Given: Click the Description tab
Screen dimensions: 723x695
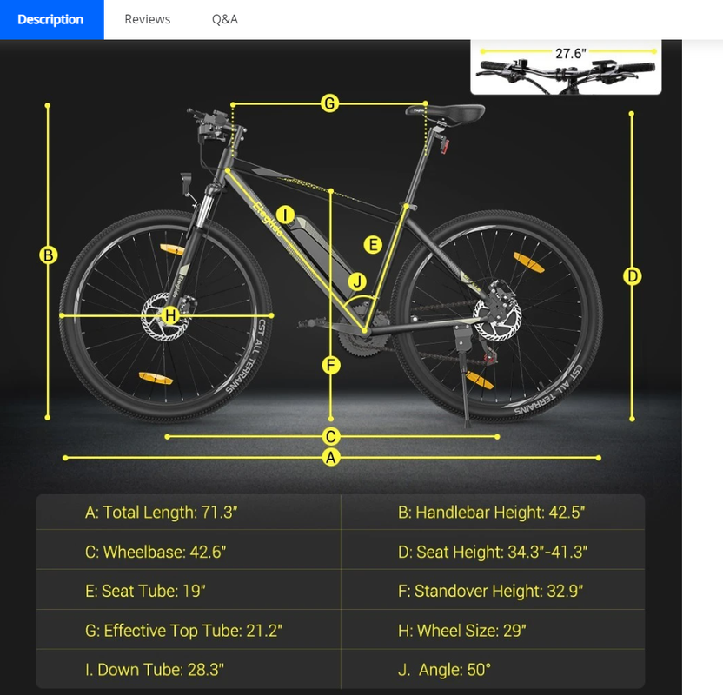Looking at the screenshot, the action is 51,19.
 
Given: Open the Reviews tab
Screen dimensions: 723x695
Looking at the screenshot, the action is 147,19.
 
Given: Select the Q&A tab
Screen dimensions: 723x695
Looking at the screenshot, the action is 225,19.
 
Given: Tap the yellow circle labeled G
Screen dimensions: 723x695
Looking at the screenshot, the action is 329,103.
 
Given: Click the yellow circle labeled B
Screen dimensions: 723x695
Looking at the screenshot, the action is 49,255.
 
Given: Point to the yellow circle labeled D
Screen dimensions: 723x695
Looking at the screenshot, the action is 632,276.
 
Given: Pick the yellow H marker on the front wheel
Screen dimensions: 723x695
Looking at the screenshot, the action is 170,315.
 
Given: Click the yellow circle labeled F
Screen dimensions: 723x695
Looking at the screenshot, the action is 331,366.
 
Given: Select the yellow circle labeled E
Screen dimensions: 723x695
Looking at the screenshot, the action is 373,244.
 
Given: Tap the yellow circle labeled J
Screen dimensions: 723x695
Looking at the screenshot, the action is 357,281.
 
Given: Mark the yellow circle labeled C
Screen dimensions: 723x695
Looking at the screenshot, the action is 330,436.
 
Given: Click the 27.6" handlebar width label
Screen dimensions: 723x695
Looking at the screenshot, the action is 570,54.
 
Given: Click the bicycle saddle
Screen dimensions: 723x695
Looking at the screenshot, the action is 445,112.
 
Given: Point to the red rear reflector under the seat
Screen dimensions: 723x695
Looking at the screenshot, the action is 445,148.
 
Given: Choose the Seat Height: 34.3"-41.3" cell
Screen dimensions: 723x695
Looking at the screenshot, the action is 493,552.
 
